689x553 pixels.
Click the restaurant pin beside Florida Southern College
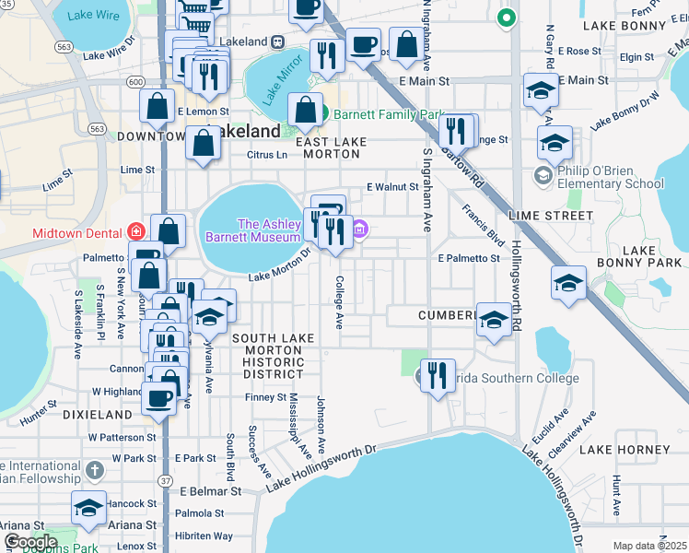click(438, 375)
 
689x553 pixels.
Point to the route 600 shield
click(136, 82)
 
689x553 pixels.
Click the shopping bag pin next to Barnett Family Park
click(305, 111)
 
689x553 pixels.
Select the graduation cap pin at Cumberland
click(495, 320)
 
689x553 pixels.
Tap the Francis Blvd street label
click(485, 226)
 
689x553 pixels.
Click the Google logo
click(29, 541)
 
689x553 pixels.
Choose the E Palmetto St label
click(469, 258)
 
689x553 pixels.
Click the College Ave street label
click(339, 302)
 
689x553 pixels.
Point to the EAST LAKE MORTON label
click(331, 148)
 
